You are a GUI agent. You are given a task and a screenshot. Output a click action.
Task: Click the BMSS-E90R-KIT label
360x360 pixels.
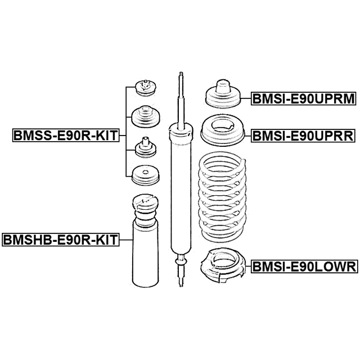tap(66, 136)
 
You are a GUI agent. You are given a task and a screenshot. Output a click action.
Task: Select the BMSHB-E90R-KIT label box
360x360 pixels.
tap(61, 240)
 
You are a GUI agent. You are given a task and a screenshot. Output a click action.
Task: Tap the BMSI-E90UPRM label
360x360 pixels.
tap(304, 98)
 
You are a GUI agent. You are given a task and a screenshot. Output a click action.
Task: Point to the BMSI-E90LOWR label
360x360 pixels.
tap(304, 267)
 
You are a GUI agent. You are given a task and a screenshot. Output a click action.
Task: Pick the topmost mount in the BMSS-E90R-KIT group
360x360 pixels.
tap(146, 88)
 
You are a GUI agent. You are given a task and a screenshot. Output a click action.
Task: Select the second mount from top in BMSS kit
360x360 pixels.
tap(146, 116)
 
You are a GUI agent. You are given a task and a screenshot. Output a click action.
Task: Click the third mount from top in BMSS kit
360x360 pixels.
tap(146, 148)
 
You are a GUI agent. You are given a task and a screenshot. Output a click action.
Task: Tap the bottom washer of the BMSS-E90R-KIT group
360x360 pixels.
tap(146, 175)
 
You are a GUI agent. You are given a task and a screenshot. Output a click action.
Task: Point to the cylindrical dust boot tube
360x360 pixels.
tap(145, 255)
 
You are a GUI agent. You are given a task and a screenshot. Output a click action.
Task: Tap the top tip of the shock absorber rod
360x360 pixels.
tap(181, 73)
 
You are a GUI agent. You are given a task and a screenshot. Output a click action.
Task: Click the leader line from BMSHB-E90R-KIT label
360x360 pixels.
tap(126, 240)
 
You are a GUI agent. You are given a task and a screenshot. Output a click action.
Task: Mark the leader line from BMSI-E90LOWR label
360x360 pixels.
tap(249, 267)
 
